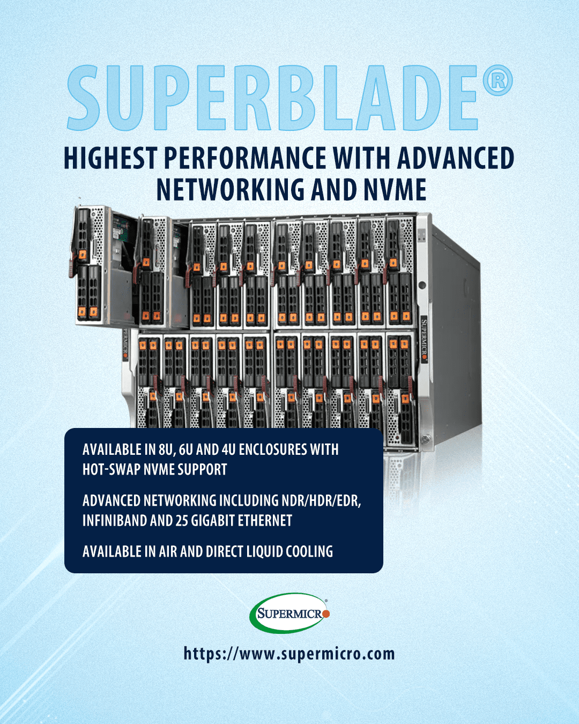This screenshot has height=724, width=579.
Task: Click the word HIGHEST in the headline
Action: coord(110,158)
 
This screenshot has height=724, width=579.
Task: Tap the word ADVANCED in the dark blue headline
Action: coord(456,158)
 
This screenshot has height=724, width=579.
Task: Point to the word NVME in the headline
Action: coord(395,190)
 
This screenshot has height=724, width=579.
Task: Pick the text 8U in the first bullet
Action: coord(165,449)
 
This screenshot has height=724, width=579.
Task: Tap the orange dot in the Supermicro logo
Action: coord(326,614)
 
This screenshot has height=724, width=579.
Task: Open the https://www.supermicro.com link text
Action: coord(289,654)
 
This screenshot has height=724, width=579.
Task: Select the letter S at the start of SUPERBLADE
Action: coord(84,98)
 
